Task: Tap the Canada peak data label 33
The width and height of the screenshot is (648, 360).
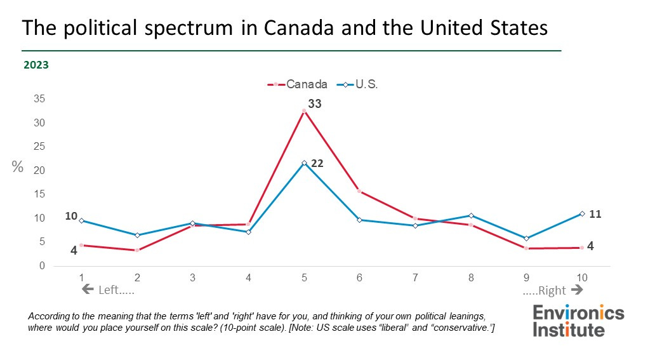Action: tap(315, 103)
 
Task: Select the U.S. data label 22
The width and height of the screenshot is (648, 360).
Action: tap(317, 163)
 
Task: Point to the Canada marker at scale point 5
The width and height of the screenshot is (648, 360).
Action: tap(304, 111)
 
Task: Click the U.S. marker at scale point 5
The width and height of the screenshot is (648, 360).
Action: tap(304, 163)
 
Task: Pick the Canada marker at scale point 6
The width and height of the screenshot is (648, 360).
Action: tap(359, 191)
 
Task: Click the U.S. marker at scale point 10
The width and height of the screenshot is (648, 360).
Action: tap(582, 214)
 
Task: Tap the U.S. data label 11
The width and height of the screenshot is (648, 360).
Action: tap(595, 215)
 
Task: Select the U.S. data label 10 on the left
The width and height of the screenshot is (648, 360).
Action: tap(71, 217)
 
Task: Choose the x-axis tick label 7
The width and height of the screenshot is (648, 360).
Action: tap(415, 277)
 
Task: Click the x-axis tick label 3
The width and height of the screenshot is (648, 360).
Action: tap(192, 277)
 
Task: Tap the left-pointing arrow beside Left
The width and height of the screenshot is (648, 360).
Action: tap(87, 290)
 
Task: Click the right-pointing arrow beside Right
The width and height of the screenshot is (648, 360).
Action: tap(577, 290)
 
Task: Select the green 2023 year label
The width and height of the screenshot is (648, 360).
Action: tap(36, 65)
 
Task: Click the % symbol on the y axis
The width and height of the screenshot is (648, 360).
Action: tap(18, 167)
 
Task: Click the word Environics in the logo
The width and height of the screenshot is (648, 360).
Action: tap(578, 313)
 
